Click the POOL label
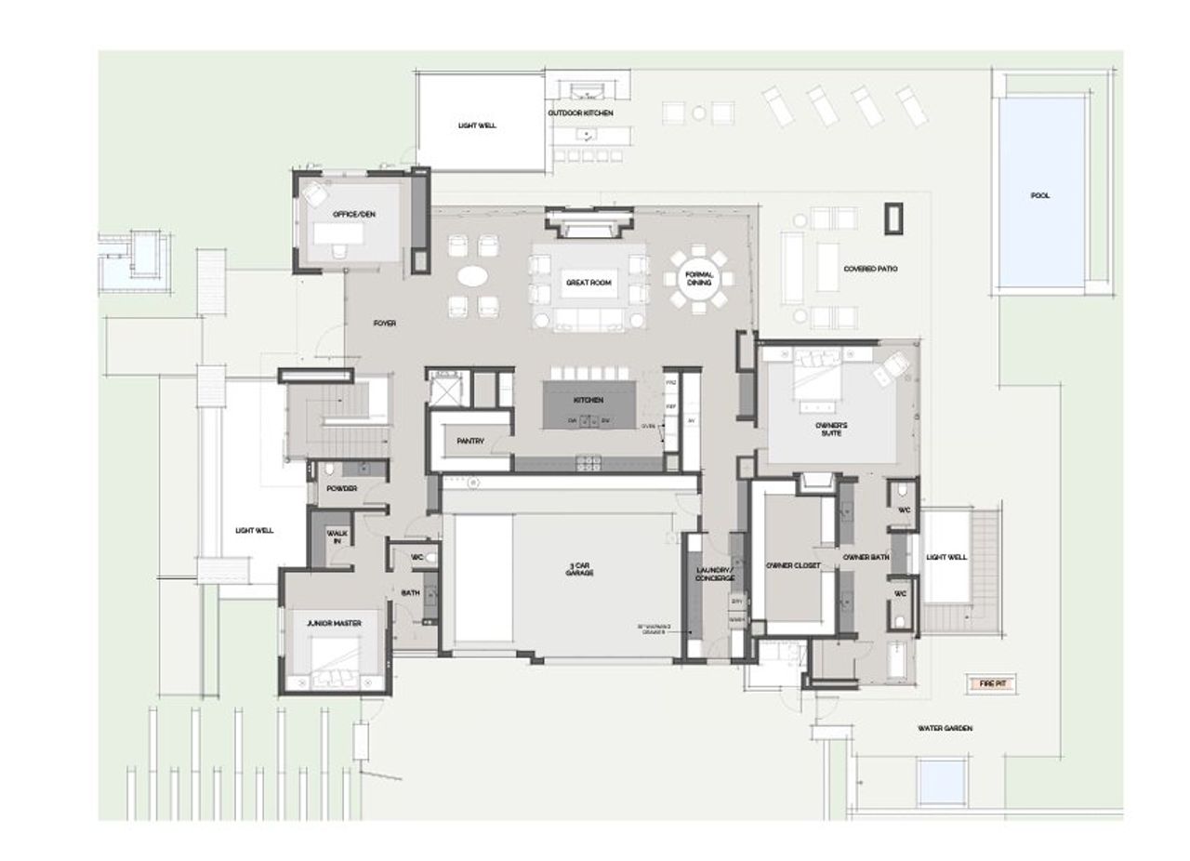click(x=1039, y=196)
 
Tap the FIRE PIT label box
click(x=992, y=683)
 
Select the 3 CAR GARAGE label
click(x=579, y=569)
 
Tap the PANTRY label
click(x=469, y=442)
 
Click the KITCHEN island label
click(x=588, y=400)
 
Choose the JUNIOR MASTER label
click(x=334, y=623)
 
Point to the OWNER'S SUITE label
click(x=831, y=429)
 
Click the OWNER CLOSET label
click(x=793, y=565)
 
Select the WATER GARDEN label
click(x=945, y=729)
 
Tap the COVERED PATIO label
click(x=870, y=270)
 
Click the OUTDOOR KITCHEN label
click(x=580, y=113)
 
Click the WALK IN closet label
click(x=337, y=537)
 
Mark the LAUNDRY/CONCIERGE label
click(x=716, y=575)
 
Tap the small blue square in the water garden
click(x=939, y=783)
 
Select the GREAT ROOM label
click(x=589, y=283)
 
